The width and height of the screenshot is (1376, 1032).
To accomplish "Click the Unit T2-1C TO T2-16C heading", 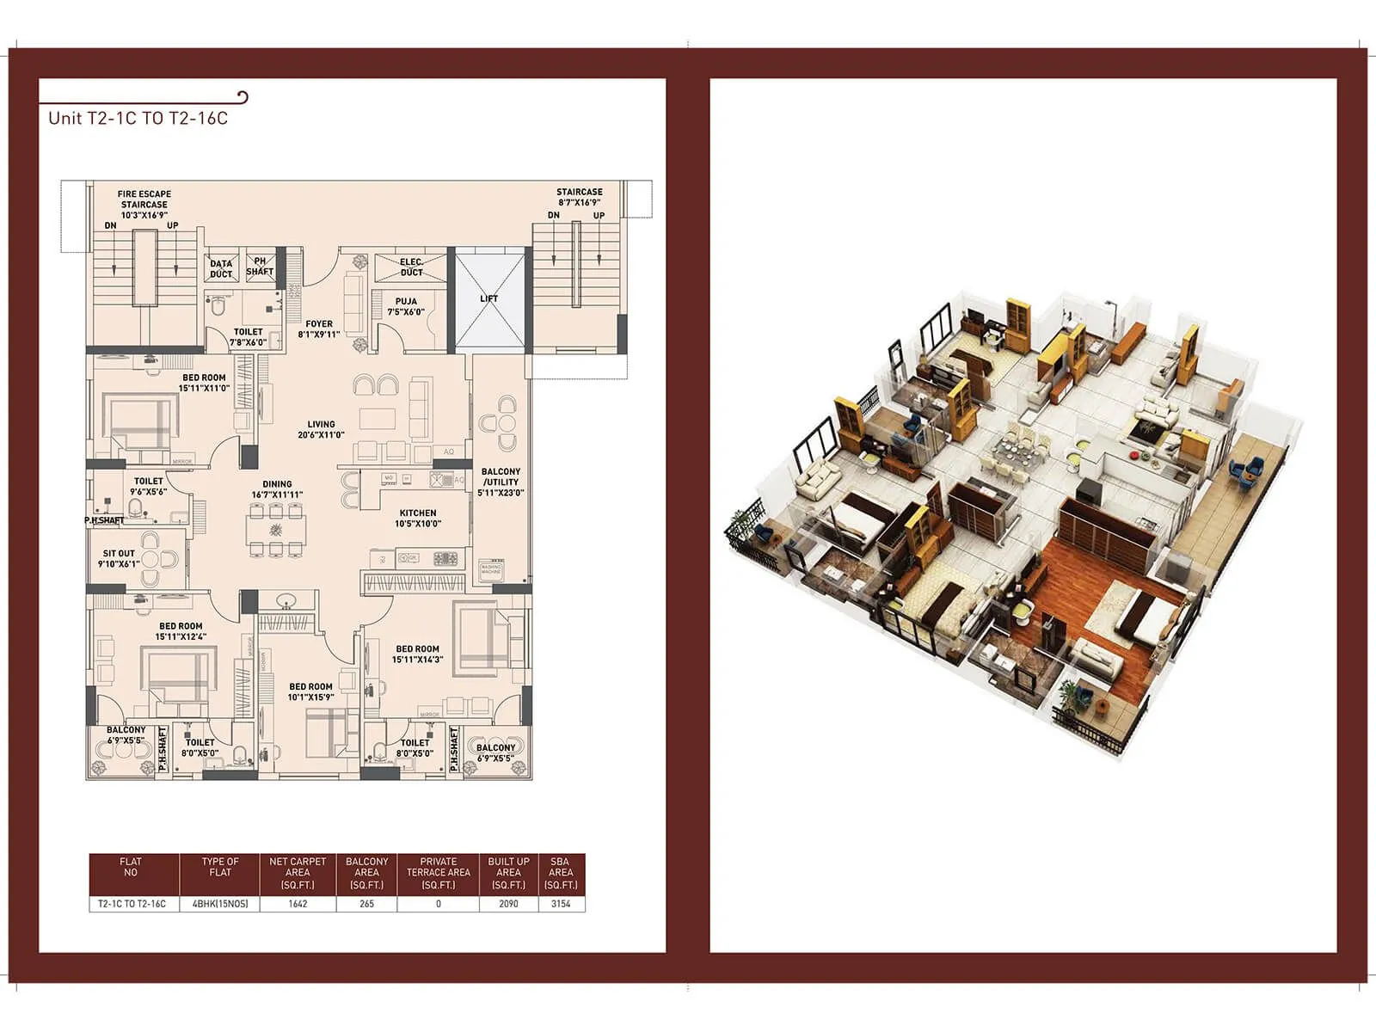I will [138, 119].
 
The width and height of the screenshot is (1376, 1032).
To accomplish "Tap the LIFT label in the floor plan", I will [488, 298].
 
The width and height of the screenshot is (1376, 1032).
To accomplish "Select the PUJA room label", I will [406, 307].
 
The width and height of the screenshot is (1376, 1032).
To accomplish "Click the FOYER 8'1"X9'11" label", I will [319, 329].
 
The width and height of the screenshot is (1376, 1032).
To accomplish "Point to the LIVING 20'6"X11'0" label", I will [321, 429].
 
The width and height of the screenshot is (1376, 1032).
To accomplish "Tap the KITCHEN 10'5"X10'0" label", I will [418, 518].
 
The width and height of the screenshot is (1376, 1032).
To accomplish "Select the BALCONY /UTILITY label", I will [501, 482].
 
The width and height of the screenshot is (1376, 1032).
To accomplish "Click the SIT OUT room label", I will [119, 558].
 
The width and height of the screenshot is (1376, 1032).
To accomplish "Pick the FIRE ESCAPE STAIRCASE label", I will [144, 204].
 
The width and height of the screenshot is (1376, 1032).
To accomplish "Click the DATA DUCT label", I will [221, 269].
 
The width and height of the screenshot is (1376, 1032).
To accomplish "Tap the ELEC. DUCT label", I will [411, 267].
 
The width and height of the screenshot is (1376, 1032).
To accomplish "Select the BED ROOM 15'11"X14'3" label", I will [417, 654].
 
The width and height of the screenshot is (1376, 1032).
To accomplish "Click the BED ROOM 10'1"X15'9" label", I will [310, 692].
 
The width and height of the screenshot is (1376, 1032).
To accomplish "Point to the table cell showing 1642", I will [298, 904].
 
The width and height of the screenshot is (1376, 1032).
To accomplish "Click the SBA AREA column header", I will [561, 873].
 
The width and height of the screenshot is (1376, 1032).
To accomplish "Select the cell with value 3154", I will [561, 904].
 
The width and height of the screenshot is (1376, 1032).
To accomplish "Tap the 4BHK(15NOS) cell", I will [220, 904].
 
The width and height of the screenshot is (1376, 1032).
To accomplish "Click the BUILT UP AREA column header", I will [508, 873].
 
